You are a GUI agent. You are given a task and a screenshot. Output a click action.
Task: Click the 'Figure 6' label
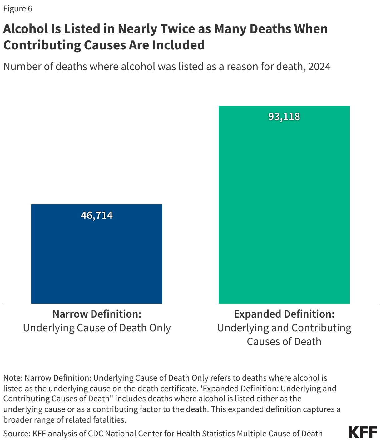17,8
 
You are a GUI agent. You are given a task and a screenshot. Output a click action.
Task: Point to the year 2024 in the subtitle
319,67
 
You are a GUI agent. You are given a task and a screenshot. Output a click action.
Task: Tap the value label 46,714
97,215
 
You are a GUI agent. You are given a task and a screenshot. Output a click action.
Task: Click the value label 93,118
284,117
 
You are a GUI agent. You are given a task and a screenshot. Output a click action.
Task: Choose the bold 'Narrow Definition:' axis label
97,314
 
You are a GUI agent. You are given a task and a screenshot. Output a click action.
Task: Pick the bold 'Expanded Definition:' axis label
284,314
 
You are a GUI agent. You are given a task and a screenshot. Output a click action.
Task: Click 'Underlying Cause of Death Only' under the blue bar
97,328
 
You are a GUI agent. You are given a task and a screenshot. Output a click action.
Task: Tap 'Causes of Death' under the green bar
284,341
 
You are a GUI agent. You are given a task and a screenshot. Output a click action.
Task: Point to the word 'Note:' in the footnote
13,378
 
